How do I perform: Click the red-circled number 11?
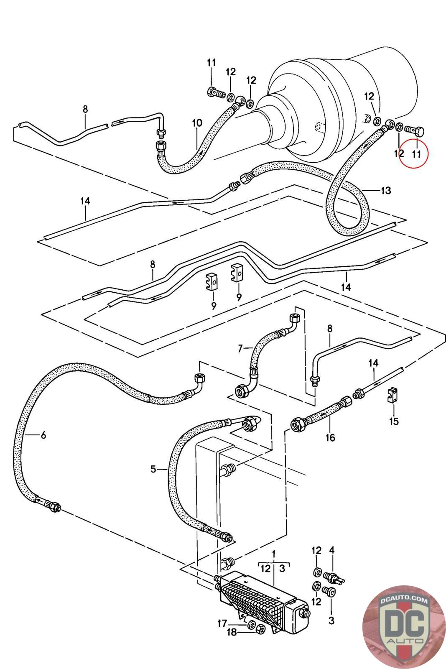(416, 153)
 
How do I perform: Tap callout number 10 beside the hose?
(197, 123)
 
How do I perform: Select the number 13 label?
(385, 191)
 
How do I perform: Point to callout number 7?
(240, 348)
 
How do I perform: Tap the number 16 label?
(330, 437)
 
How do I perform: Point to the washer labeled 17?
(251, 624)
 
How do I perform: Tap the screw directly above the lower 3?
(328, 591)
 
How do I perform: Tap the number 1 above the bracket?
(274, 554)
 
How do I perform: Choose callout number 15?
(394, 421)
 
